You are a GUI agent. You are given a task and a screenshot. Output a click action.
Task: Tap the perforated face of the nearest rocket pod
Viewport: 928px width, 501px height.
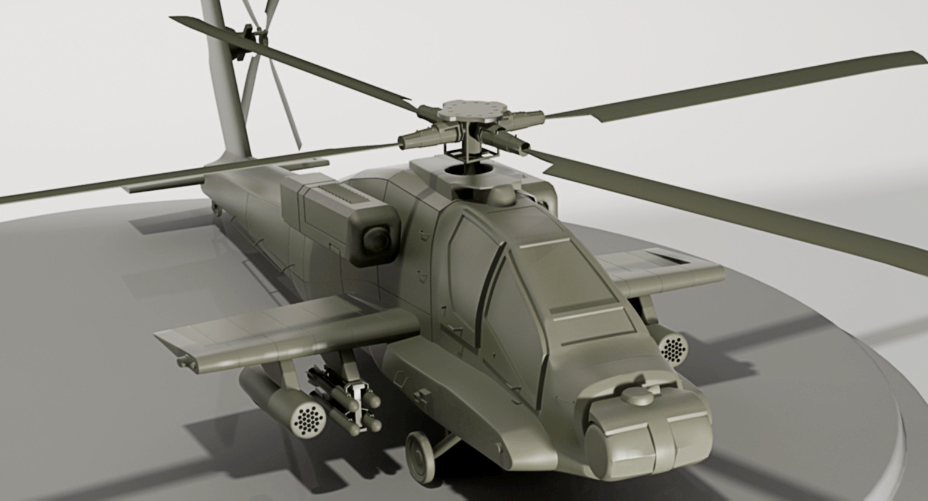[309, 418]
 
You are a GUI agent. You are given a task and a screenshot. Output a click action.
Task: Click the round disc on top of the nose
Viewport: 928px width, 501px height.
[638, 396]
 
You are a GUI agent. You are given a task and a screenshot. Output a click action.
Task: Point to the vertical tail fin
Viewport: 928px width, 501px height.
[227, 91]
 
